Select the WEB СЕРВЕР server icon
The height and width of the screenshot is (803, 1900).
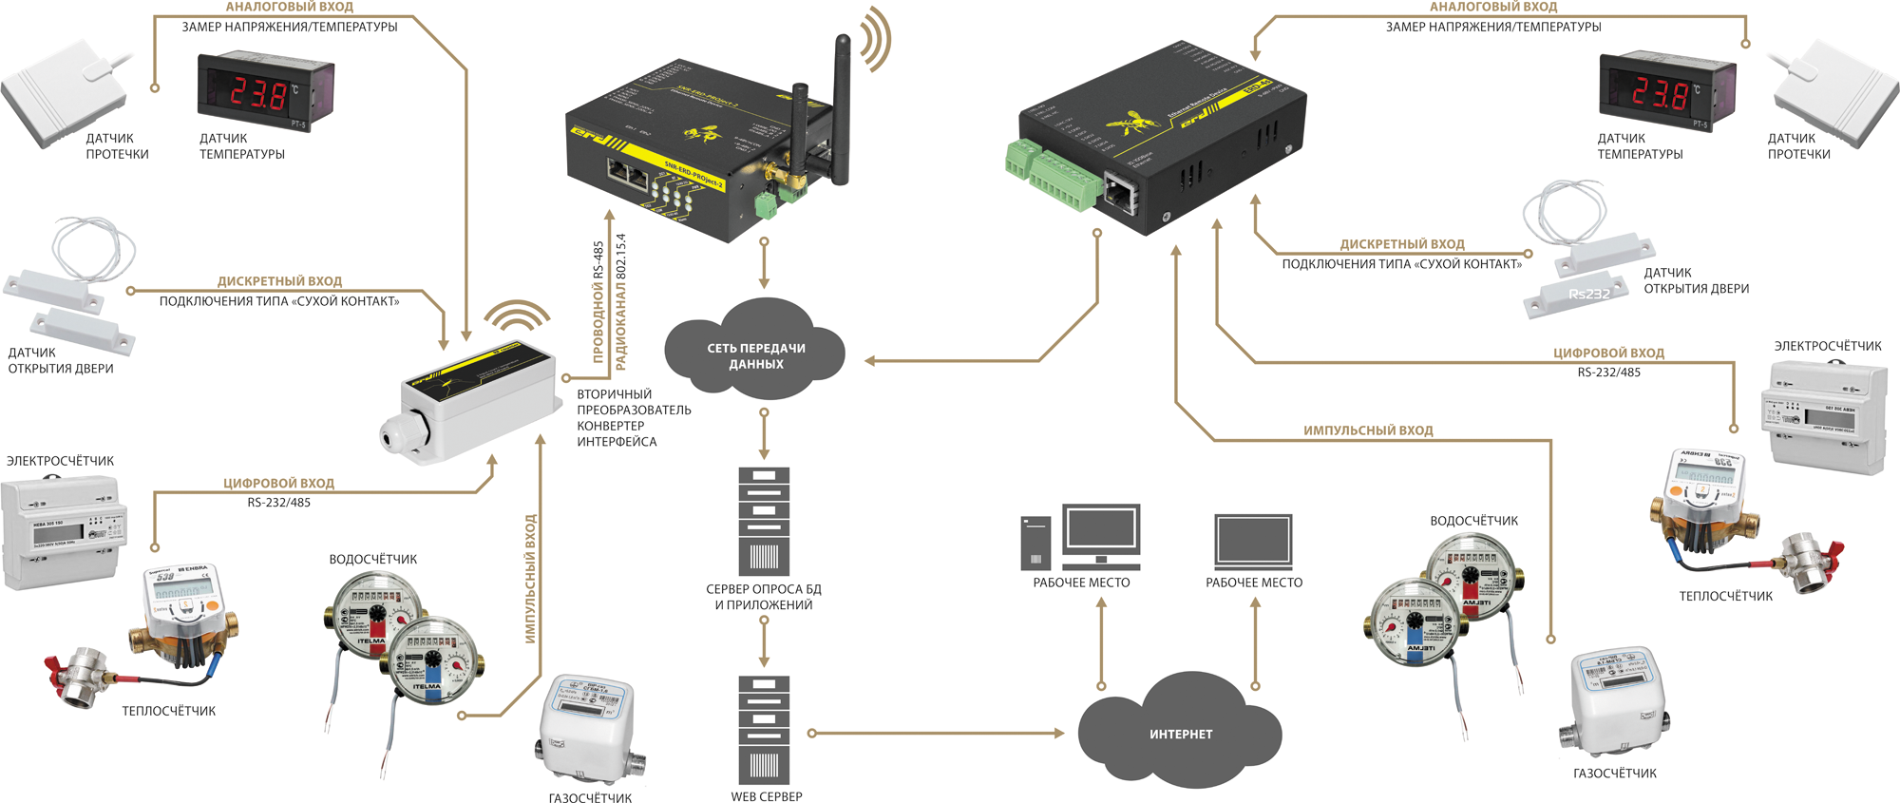click(x=764, y=729)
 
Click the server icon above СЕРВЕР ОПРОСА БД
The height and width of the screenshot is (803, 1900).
click(x=764, y=521)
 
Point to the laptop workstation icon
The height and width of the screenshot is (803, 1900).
click(x=1253, y=542)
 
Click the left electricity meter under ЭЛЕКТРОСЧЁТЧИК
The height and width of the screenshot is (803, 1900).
click(x=62, y=532)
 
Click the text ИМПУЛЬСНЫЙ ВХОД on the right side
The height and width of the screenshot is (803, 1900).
click(x=1368, y=430)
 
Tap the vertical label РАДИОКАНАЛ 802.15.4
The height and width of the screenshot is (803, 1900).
click(x=621, y=301)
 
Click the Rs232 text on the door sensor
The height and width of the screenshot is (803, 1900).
click(x=1589, y=295)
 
